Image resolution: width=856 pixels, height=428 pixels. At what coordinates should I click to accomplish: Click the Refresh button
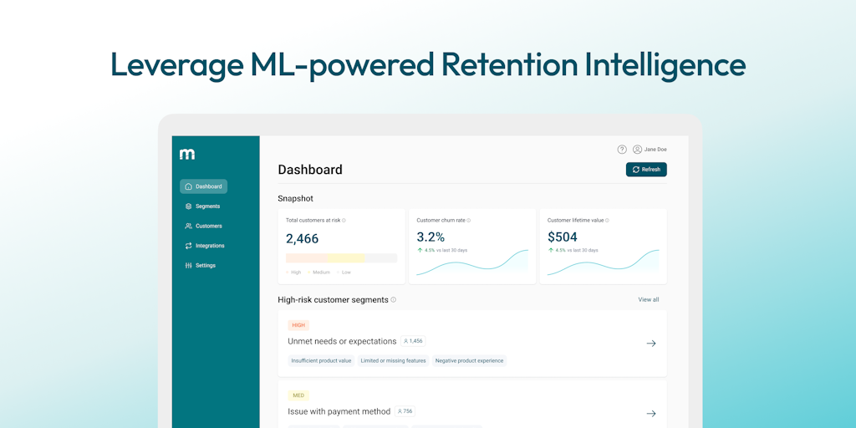pyautogui.click(x=646, y=170)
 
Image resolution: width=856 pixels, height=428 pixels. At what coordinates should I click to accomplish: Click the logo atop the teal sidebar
pyautogui.click(x=187, y=154)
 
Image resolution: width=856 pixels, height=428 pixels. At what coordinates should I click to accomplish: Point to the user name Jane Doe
pyautogui.click(x=655, y=150)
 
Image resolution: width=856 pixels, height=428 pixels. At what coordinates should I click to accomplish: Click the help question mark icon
pyautogui.click(x=622, y=150)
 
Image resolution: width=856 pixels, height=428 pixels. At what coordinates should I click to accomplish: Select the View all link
pyautogui.click(x=649, y=299)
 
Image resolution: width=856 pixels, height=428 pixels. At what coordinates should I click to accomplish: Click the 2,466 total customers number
pyautogui.click(x=302, y=239)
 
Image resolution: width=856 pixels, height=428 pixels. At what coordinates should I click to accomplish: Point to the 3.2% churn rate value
pyautogui.click(x=431, y=237)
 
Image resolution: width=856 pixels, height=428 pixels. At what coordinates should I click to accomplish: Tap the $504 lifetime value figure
pyautogui.click(x=563, y=237)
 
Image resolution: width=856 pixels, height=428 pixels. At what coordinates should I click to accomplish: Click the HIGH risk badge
pyautogui.click(x=298, y=325)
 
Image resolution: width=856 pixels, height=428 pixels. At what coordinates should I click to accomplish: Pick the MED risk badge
pyautogui.click(x=298, y=395)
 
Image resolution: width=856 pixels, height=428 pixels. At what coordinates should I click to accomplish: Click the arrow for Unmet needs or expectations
pyautogui.click(x=651, y=344)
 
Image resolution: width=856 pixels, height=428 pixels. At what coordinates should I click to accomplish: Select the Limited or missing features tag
pyautogui.click(x=394, y=361)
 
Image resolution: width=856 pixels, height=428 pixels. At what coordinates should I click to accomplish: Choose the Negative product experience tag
pyautogui.click(x=469, y=361)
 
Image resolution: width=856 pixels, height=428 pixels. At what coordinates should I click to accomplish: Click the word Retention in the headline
pyautogui.click(x=509, y=65)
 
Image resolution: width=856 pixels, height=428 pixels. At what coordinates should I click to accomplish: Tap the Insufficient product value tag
pyautogui.click(x=321, y=361)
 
